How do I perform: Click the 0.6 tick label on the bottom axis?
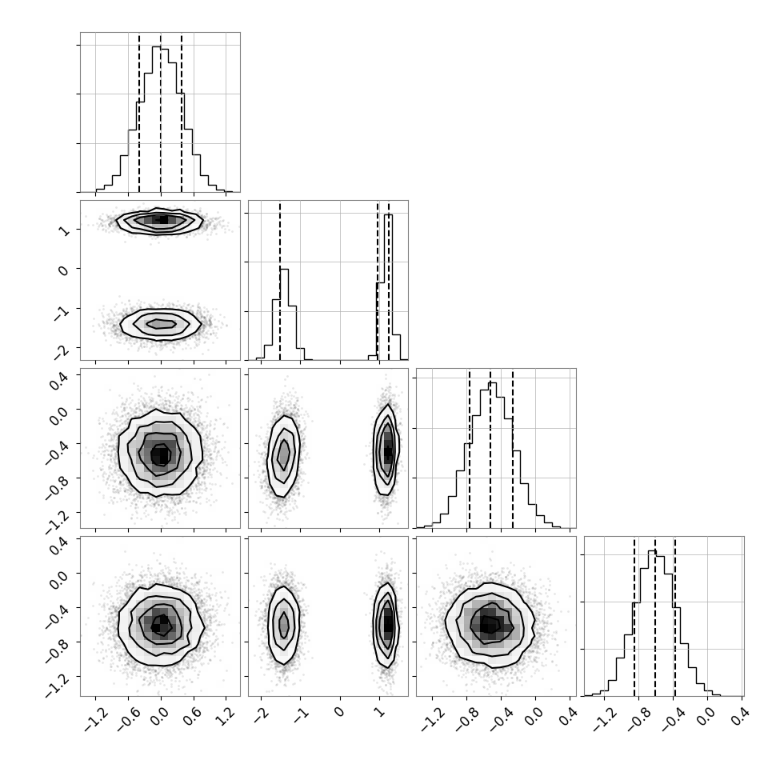[194, 716]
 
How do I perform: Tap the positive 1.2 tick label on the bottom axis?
[226, 716]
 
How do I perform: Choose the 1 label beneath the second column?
[379, 712]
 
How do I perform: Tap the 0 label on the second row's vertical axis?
[63, 270]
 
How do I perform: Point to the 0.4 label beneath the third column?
[570, 716]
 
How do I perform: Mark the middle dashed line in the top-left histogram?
[161, 113]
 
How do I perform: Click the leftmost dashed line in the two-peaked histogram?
[280, 281]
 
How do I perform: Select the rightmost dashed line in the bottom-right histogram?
[674, 617]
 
